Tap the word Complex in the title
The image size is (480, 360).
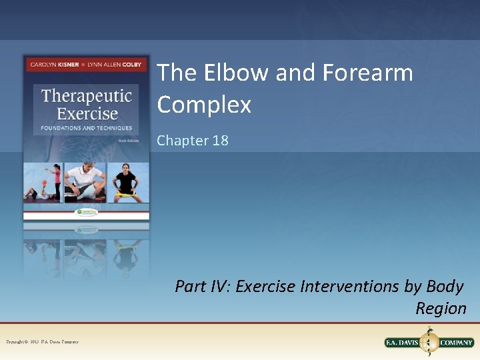204,105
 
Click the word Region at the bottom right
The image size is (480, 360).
441,308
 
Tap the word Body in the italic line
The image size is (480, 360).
444,286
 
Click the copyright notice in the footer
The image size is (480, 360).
42,342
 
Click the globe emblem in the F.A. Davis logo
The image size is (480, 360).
429,342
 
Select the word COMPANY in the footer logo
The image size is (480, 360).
457,343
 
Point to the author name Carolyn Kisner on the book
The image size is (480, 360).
53,64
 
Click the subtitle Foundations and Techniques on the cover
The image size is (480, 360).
87,128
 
